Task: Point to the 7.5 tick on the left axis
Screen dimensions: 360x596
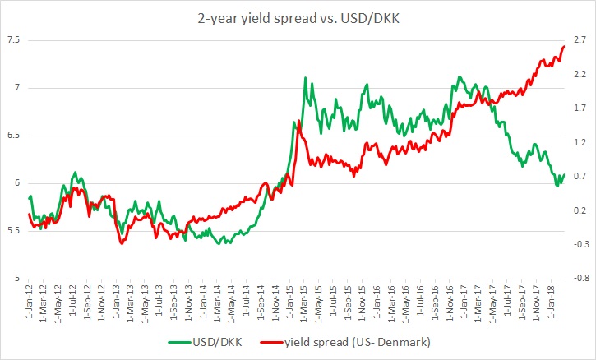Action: click(13, 40)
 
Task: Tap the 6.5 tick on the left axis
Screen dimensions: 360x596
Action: click(13, 136)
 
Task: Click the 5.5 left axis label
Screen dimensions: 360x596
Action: click(13, 231)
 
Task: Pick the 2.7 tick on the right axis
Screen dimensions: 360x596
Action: click(580, 40)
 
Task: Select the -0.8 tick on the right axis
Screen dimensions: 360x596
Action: click(578, 279)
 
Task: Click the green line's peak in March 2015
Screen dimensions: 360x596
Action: click(306, 78)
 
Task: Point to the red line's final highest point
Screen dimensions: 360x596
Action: click(564, 46)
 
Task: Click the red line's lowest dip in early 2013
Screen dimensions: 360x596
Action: click(122, 243)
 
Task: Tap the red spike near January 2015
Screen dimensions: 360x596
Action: click(299, 121)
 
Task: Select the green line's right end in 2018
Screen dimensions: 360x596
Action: click(565, 174)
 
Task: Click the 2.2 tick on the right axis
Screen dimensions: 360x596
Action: click(580, 75)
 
